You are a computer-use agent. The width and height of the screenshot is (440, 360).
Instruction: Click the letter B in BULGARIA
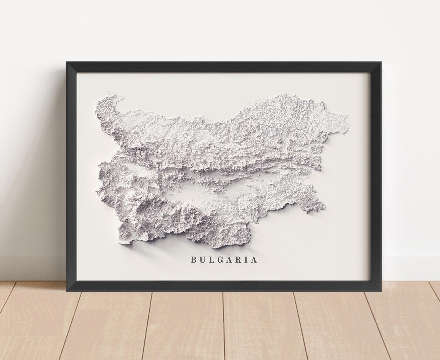[193, 260]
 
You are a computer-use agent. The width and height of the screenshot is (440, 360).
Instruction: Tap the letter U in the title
[203, 260]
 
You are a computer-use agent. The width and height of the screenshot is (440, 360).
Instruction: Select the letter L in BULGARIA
[212, 260]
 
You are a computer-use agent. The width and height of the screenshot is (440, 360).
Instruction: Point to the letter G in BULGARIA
[220, 260]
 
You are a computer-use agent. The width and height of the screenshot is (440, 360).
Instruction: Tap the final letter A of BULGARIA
[254, 260]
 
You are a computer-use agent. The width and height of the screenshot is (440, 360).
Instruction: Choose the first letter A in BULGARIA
[230, 260]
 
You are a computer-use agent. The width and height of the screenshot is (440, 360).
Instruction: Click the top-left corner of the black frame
[67, 63]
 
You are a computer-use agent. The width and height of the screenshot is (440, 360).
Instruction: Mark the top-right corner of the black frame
[380, 63]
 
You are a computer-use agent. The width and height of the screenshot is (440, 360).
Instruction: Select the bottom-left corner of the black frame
[67, 290]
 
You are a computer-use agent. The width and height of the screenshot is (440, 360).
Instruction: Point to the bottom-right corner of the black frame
[380, 290]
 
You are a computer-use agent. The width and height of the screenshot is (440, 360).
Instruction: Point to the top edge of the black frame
[224, 67]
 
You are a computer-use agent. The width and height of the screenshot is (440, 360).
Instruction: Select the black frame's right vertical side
[376, 174]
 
